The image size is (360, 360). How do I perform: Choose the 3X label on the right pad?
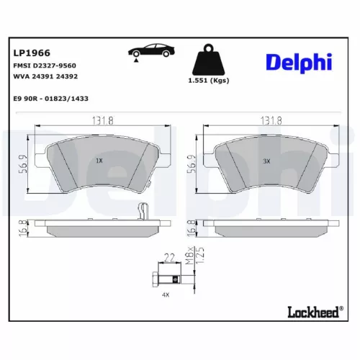coord(266,162)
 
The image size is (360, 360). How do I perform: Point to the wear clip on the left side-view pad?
coord(143,212)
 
